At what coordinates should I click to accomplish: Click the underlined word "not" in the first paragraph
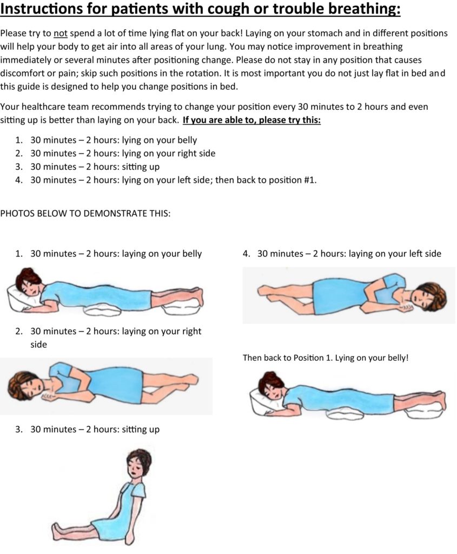(60, 33)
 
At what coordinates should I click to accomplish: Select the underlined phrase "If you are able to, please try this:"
(251, 120)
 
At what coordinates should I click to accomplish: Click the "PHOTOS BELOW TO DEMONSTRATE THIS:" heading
(85, 213)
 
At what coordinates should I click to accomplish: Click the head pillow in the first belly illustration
(22, 301)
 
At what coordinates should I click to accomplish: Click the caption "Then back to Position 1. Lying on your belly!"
(325, 358)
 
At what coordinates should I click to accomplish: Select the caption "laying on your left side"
(395, 254)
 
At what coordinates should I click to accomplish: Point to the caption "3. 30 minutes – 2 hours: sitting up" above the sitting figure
(88, 430)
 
